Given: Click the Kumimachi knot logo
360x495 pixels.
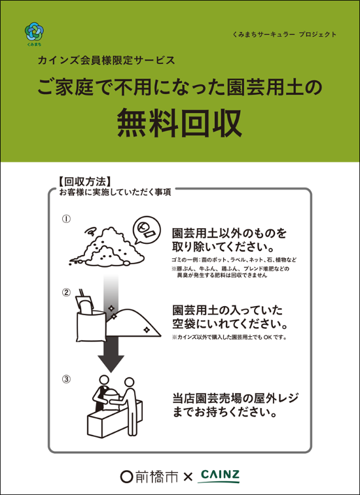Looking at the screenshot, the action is [33, 31].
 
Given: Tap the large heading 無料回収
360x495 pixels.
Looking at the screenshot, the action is [180, 123].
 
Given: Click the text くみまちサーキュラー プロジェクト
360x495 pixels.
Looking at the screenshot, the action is [284, 35].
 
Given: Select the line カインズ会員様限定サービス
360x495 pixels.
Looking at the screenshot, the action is [106, 60].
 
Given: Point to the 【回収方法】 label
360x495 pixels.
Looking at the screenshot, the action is [84, 182].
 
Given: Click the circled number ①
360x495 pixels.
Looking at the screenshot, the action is [66, 219].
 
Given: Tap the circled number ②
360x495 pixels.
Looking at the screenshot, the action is [66, 293].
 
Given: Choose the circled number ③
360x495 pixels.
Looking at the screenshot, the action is [66, 379].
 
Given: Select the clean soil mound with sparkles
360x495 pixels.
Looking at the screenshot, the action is [133, 323].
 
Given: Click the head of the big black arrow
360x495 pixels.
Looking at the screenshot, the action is [111, 363].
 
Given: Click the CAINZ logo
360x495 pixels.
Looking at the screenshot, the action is [219, 476].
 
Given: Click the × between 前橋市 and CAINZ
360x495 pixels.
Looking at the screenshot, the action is [188, 477].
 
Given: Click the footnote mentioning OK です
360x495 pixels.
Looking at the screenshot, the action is [230, 337].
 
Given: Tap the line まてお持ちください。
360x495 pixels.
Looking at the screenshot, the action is [223, 413].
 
